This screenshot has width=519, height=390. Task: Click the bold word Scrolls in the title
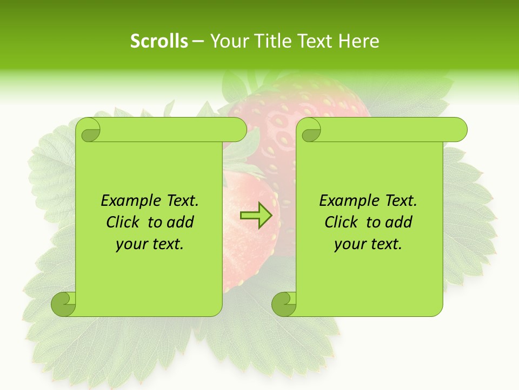coord(159,41)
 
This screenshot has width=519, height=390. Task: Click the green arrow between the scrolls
coord(256,216)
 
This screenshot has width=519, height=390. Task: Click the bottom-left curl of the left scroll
coord(64,304)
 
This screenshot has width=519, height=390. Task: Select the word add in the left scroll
coord(181,223)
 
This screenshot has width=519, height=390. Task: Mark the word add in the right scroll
coord(400,223)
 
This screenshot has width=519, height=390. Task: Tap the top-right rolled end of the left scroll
coord(238,129)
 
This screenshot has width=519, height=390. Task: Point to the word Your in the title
coord(227,41)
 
